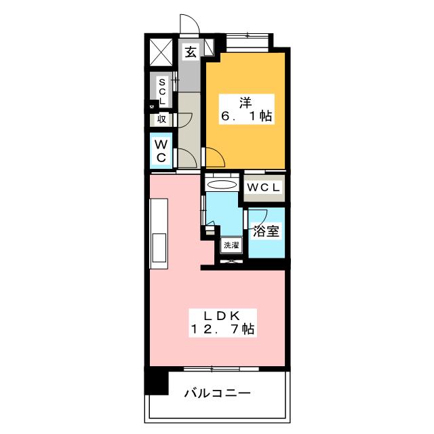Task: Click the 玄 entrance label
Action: pos(191,52)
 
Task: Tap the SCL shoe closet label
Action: pos(162,91)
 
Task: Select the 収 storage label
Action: pos(162,119)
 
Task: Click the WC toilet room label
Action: pos(161,151)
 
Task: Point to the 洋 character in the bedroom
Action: pos(245,102)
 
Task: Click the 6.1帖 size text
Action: pos(245,117)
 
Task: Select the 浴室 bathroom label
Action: pos(265,231)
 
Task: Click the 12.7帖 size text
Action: pos(222,330)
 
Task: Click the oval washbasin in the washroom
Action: pos(221,184)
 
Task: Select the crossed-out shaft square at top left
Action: pos(162,53)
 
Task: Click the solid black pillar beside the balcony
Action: pos(157,382)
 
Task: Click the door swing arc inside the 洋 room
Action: pos(216,160)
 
